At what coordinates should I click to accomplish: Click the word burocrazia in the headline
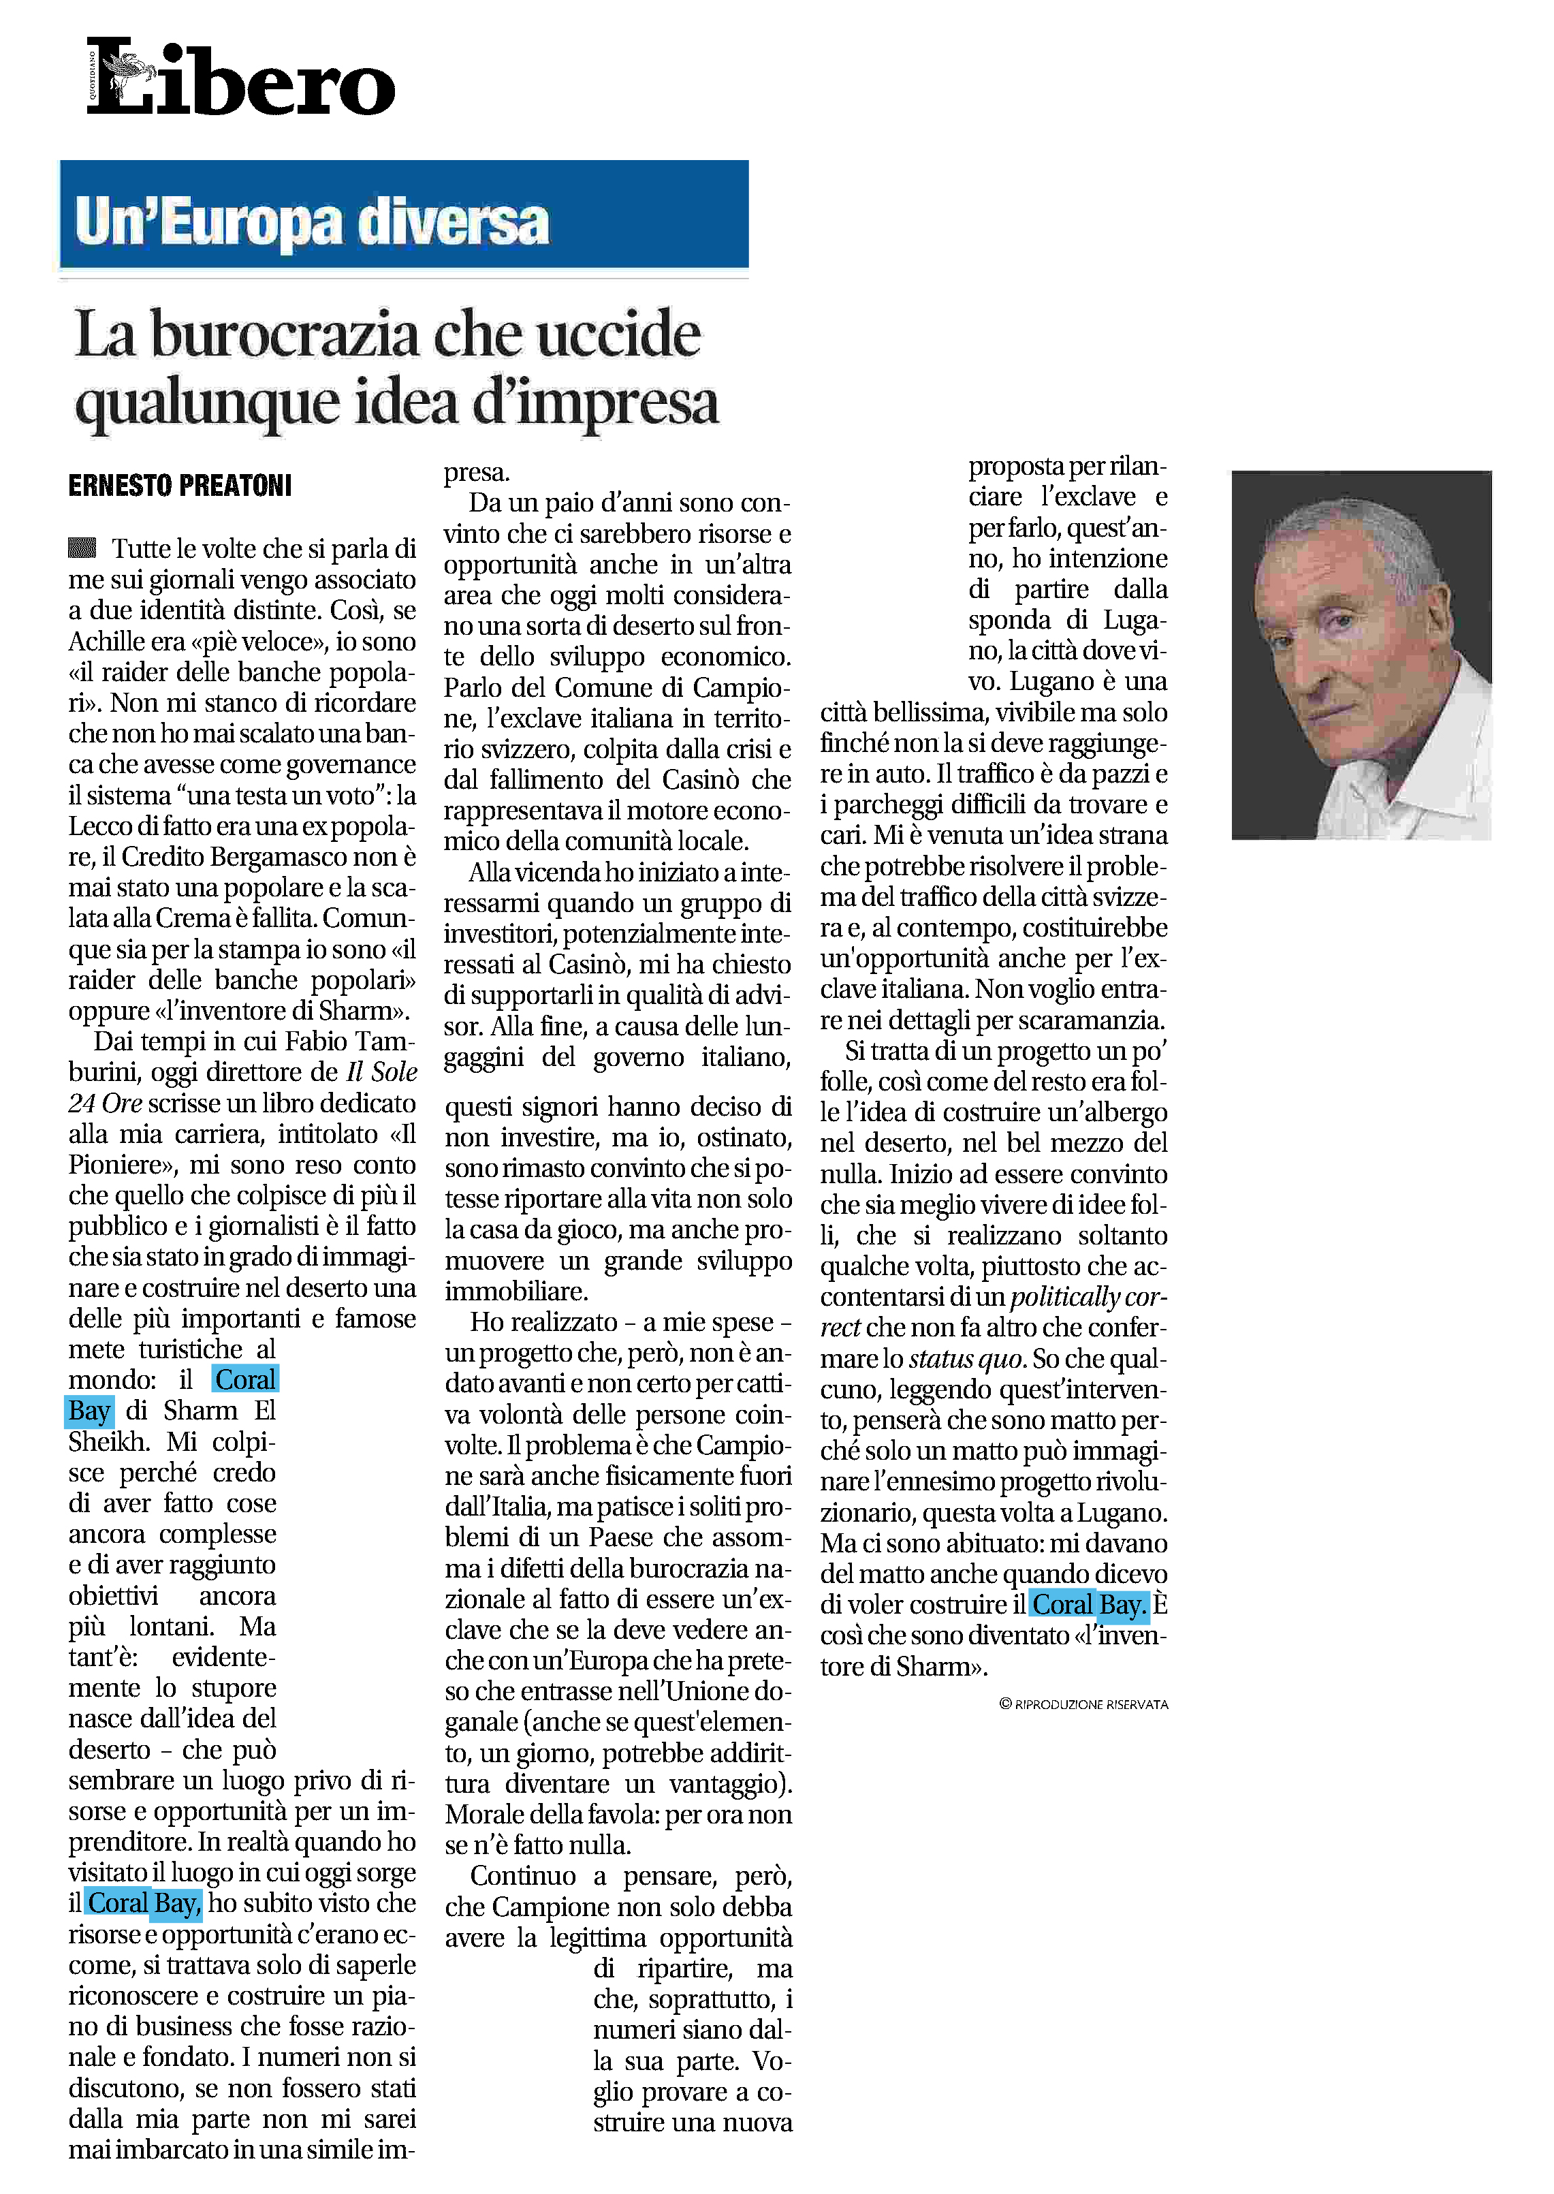[x=285, y=335]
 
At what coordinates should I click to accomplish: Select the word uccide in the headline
[x=617, y=335]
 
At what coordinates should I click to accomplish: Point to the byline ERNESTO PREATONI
[x=180, y=486]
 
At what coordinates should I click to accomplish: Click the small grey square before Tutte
[x=82, y=548]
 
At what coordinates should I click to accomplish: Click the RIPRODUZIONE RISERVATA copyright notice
[x=1083, y=1704]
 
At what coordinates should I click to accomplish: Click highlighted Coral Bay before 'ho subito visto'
[x=144, y=1903]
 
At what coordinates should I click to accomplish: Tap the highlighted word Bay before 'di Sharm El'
[x=89, y=1410]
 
